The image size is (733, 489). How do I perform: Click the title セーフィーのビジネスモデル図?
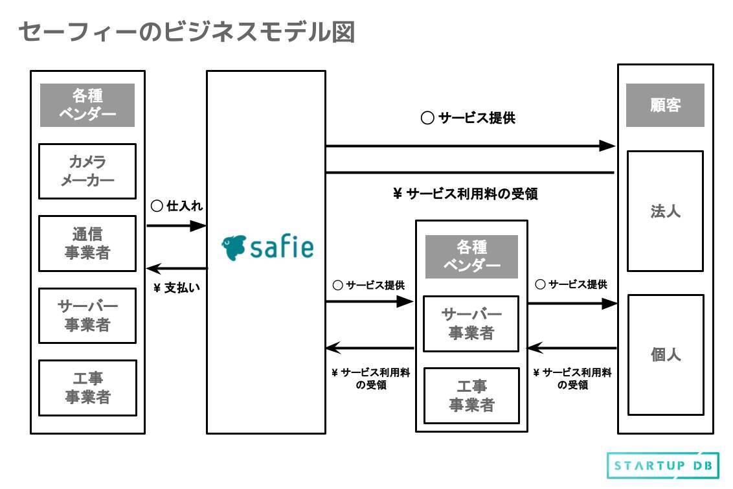(186, 32)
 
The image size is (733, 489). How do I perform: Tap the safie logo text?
(282, 247)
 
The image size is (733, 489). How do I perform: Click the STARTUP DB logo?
(662, 466)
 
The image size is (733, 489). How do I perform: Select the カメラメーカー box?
(87, 171)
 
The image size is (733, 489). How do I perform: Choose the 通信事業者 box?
(87, 243)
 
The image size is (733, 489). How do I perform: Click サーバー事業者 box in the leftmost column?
(87, 315)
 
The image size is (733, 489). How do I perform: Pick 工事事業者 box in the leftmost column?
(87, 387)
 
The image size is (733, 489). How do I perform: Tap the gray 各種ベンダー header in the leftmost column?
(87, 105)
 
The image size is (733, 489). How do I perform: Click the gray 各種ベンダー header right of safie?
(471, 256)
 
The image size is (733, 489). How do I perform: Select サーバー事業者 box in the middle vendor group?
(471, 324)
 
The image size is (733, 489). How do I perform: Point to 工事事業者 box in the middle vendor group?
(471, 395)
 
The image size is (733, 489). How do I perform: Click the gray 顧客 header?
(665, 105)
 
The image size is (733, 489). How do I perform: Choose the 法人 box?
(665, 211)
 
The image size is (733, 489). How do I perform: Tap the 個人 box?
(665, 355)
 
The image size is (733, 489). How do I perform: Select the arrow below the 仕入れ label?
(176, 225)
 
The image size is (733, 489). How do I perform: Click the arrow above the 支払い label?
(176, 268)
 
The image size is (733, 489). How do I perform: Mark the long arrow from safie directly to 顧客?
(469, 146)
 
